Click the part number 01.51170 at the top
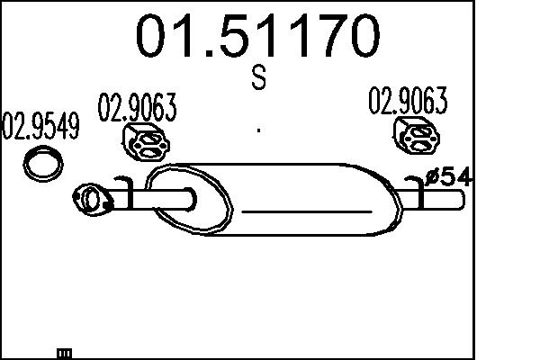pos(258,37)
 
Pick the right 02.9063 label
pos(408,103)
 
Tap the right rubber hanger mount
pos(415,138)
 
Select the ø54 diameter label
pos(447,177)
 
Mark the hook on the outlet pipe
pos(419,190)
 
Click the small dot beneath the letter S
pos(259,130)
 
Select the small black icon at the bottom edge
pos(64,353)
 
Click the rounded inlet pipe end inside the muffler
pos(190,200)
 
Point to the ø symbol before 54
pos(432,177)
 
